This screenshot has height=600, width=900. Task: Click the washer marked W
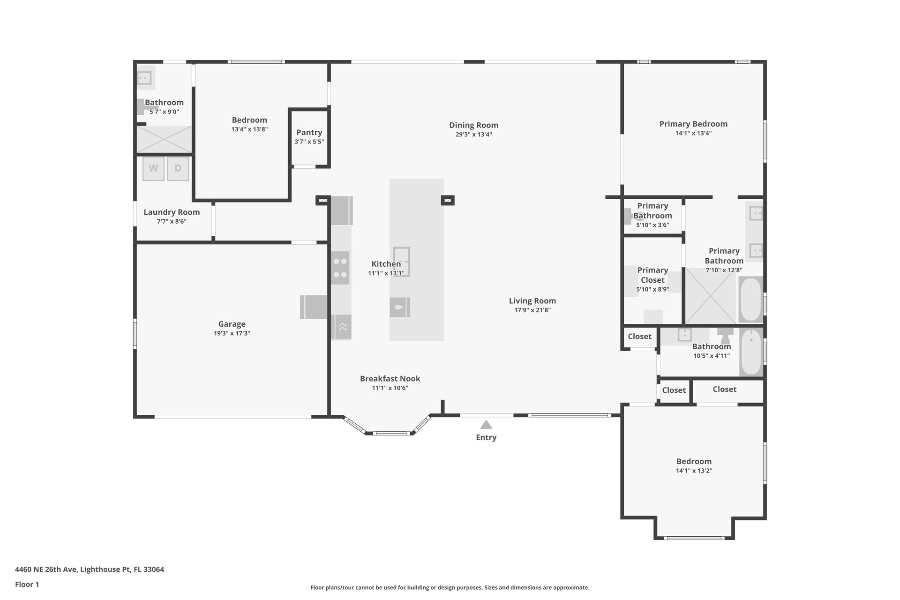(x=153, y=168)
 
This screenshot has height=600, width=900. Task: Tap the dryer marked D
(x=178, y=168)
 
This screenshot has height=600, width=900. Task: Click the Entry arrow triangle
(x=486, y=425)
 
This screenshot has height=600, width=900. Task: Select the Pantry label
(x=309, y=133)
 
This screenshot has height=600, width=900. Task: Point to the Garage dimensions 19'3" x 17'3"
(x=232, y=333)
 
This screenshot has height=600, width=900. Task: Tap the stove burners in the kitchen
(x=340, y=268)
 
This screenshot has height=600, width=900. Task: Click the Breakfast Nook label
(x=390, y=379)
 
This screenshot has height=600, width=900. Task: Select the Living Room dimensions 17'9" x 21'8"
(x=532, y=310)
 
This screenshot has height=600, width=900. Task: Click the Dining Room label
(x=474, y=125)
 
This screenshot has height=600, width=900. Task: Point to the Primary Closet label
(x=652, y=275)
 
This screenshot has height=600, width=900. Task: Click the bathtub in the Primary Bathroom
(x=750, y=299)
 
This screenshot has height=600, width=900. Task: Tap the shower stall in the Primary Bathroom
(x=711, y=296)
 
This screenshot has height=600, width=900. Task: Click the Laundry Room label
(x=172, y=212)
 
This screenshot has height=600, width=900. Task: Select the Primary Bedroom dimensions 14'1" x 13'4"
(x=694, y=133)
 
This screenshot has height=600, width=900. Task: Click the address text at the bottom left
(x=90, y=570)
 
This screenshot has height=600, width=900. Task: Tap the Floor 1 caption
(x=27, y=584)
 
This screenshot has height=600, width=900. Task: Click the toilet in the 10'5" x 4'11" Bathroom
(x=725, y=335)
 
